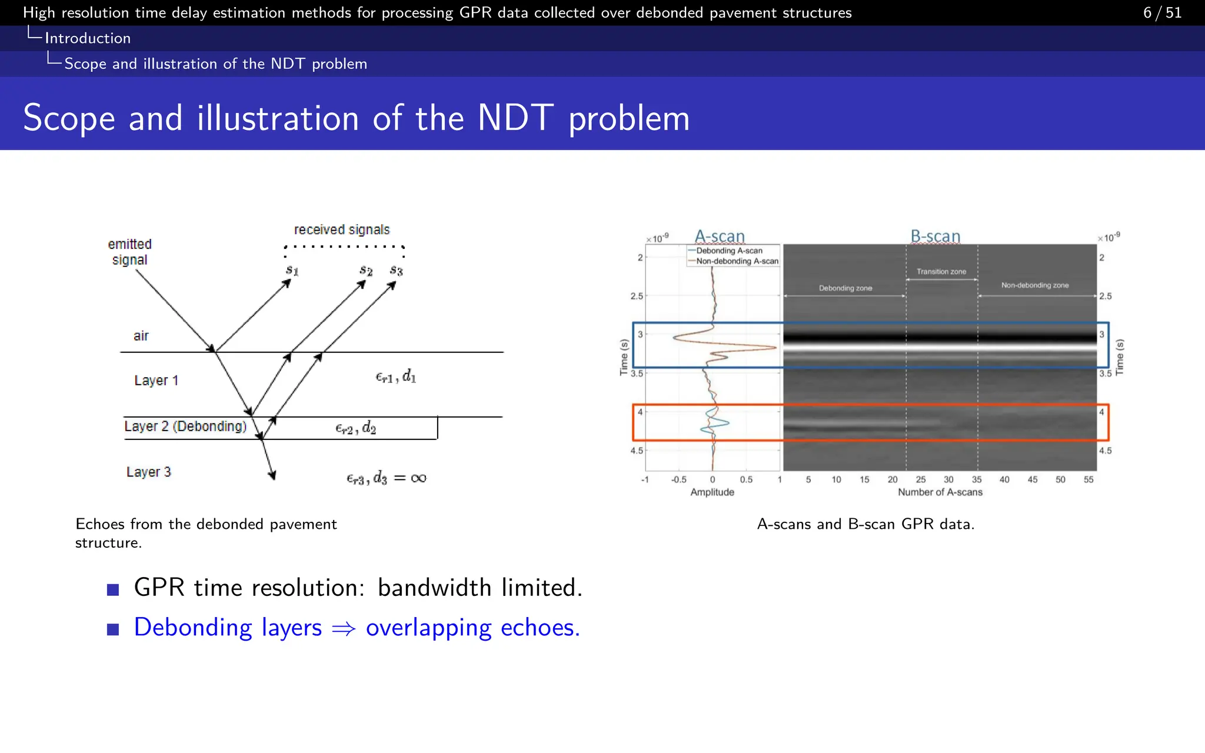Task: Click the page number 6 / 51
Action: click(1162, 12)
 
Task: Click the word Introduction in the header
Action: click(88, 38)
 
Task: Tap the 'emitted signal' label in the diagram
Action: click(129, 252)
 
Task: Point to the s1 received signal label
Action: click(292, 271)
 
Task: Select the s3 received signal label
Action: click(397, 271)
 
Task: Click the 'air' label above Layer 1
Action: click(141, 336)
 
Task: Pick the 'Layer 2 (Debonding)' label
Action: click(185, 427)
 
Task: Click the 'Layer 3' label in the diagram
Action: click(148, 472)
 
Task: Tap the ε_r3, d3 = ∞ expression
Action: click(386, 478)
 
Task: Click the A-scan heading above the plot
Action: click(720, 236)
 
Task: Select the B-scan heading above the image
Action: click(936, 236)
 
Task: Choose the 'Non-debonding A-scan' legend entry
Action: click(737, 261)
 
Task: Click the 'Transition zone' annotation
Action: click(941, 271)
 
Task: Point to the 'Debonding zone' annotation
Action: click(846, 288)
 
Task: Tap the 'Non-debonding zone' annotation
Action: click(1035, 285)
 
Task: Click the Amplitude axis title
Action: click(712, 492)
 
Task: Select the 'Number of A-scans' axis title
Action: click(940, 492)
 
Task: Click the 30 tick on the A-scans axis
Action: click(948, 479)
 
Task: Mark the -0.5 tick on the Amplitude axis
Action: click(678, 479)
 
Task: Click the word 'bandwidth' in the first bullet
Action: click(434, 588)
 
